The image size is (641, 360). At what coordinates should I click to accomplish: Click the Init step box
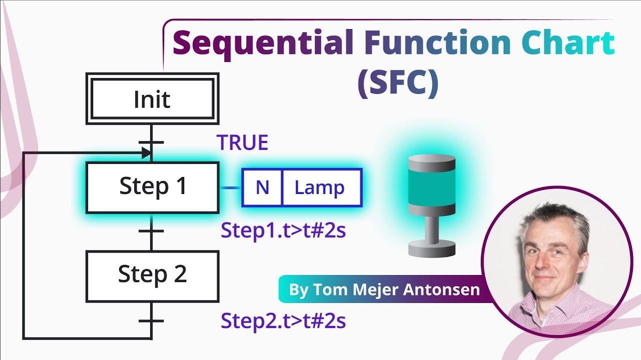(x=152, y=99)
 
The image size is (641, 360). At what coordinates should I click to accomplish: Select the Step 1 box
(x=152, y=187)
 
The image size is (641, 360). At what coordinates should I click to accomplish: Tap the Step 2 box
(x=152, y=274)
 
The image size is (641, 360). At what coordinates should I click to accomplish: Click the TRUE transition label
(x=242, y=143)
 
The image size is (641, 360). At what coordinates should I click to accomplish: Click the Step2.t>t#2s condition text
(x=283, y=320)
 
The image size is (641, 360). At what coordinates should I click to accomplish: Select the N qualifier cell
(x=262, y=187)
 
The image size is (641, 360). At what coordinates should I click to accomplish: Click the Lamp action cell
(x=319, y=187)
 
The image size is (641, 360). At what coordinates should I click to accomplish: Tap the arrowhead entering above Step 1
(x=146, y=153)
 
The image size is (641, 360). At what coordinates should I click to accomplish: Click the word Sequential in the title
(x=263, y=43)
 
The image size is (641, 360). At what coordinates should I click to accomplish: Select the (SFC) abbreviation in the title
(x=398, y=82)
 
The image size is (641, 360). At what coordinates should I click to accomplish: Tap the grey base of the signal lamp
(x=431, y=248)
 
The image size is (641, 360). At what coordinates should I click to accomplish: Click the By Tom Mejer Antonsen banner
(x=384, y=289)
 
